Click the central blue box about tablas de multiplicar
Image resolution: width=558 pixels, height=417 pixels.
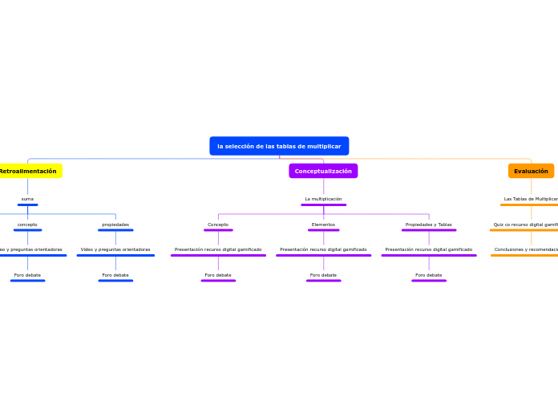click(279, 146)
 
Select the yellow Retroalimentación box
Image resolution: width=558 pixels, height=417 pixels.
click(28, 171)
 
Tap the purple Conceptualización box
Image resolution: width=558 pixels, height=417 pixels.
click(323, 171)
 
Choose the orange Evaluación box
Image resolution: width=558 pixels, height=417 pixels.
click(531, 171)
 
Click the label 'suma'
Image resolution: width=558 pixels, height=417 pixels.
click(27, 199)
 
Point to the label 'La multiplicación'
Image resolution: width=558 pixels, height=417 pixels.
click(323, 199)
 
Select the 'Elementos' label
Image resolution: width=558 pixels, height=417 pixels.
click(323, 225)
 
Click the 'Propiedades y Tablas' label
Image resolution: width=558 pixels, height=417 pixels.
click(428, 225)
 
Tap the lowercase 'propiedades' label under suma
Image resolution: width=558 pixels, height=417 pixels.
click(115, 225)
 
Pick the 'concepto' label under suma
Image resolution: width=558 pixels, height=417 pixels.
click(27, 225)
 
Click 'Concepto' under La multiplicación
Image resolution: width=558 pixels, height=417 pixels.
click(218, 225)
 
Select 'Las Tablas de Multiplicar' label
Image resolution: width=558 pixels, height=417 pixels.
click(531, 199)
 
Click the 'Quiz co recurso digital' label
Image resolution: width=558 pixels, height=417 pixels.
click(526, 225)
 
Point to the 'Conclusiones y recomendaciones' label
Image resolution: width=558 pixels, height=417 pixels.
click(526, 249)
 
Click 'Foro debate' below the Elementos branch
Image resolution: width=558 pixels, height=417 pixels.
click(323, 275)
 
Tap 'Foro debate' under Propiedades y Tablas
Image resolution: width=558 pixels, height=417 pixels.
click(428, 275)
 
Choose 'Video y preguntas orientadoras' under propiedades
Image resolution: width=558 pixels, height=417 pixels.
click(115, 249)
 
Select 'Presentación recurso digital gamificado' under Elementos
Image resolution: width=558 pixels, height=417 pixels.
click(323, 249)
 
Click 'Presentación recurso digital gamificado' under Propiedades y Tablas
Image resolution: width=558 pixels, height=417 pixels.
click(428, 249)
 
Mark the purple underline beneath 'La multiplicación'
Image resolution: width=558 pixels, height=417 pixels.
click(323, 205)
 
